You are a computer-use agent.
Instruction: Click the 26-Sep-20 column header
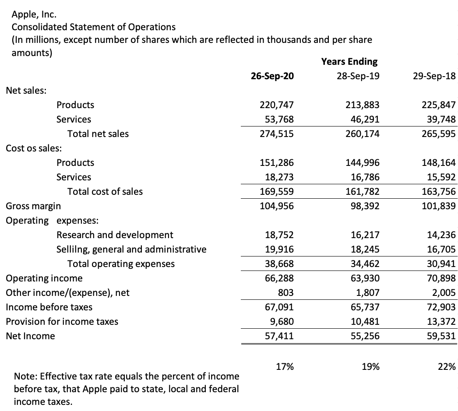point(272,76)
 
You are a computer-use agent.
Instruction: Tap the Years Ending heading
point(349,62)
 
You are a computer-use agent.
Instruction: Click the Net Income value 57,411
point(279,336)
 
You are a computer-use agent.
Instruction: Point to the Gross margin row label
point(33,206)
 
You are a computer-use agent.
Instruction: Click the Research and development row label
point(115,235)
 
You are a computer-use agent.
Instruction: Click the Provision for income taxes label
point(62,322)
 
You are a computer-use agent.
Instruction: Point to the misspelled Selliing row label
point(131,249)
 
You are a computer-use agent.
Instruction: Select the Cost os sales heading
point(33,148)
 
